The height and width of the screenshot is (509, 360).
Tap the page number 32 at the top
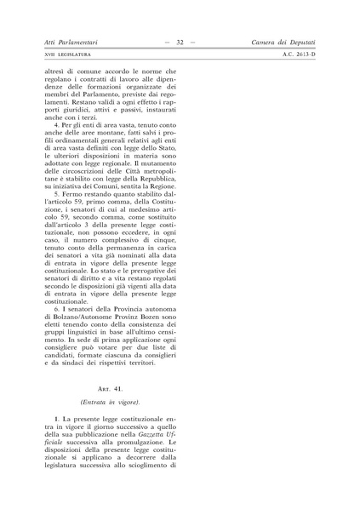[x=180, y=41]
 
